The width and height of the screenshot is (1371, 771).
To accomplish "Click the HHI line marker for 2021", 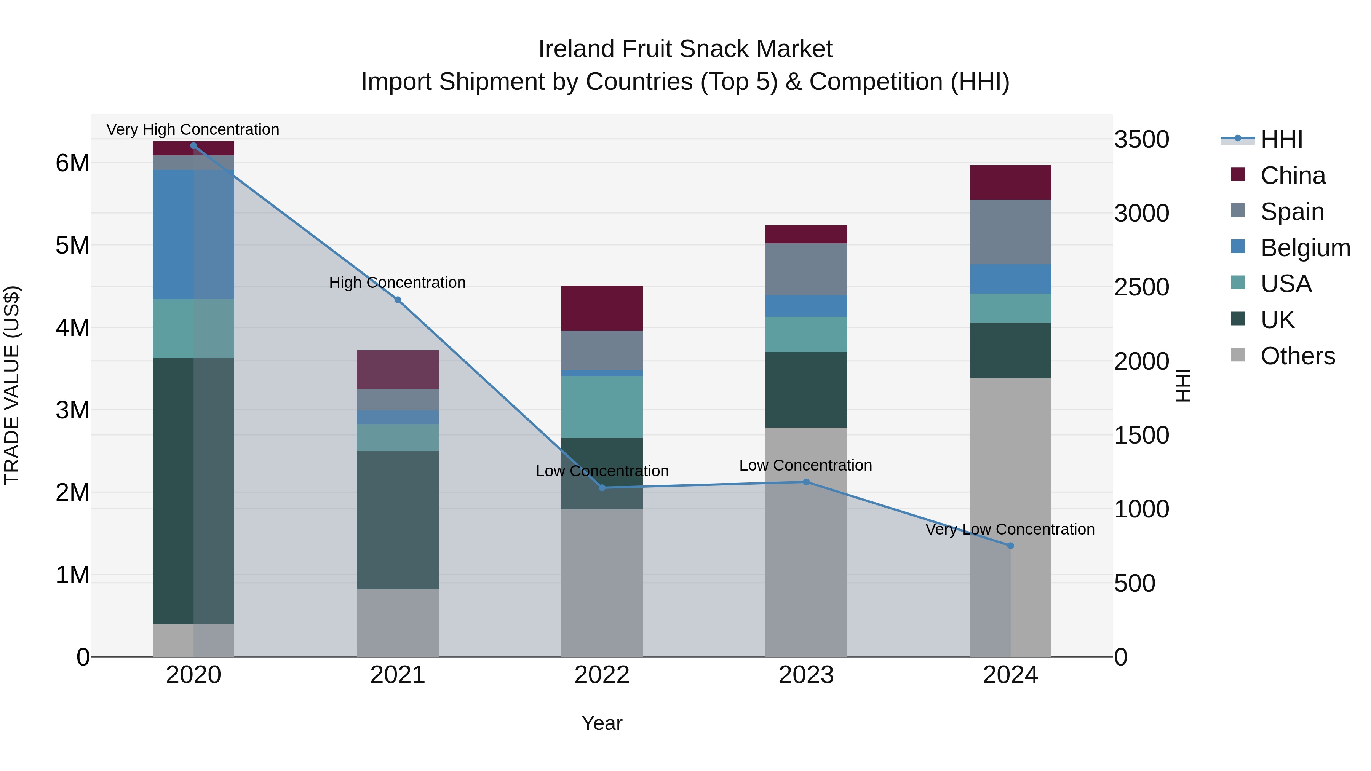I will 398,300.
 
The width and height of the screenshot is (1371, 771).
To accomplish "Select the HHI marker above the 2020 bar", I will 193,146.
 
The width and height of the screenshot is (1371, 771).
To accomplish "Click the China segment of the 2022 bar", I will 602,309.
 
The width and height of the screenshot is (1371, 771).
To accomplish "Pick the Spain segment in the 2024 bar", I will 1010,232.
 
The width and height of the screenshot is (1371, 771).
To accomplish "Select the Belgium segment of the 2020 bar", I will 193,235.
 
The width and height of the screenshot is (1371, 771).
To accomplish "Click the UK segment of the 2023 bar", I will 806,390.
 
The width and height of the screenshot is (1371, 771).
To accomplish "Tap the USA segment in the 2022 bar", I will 602,407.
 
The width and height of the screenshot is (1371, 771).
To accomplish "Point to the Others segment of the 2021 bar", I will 398,623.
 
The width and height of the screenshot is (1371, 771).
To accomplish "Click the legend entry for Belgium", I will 1305,248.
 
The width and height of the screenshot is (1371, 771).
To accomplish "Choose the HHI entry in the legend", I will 1281,139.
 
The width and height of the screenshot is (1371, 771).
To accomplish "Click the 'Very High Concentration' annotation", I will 193,130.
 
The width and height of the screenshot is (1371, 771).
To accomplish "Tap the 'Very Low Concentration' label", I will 1010,530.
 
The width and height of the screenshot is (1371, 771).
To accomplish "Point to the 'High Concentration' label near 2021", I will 397,283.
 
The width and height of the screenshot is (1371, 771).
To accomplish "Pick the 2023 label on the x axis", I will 806,675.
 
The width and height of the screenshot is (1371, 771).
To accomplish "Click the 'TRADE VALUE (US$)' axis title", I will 12,385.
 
